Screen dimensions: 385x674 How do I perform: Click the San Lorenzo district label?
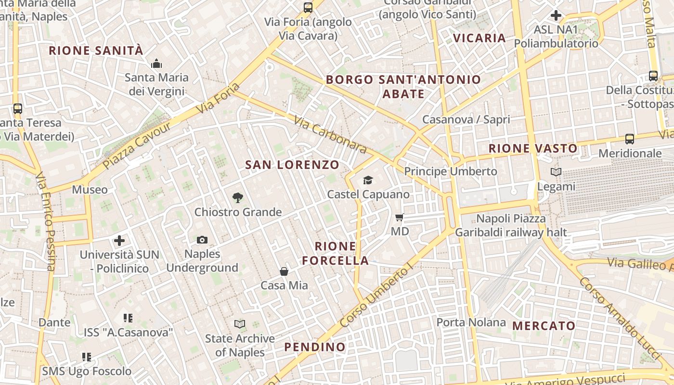pyautogui.click(x=292, y=165)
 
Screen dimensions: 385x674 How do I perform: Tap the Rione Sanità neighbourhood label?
pyautogui.click(x=96, y=51)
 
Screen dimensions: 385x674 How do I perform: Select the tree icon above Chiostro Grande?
pyautogui.click(x=237, y=197)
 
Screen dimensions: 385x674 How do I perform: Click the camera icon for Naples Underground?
pyautogui.click(x=202, y=240)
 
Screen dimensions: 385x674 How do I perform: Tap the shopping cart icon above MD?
pyautogui.click(x=399, y=217)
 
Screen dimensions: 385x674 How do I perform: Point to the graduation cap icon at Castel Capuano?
pyautogui.click(x=368, y=180)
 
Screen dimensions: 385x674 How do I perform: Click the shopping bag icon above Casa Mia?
pyautogui.click(x=284, y=271)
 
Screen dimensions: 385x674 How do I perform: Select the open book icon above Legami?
pyautogui.click(x=556, y=172)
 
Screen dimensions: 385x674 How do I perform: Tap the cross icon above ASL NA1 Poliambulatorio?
pyautogui.click(x=556, y=15)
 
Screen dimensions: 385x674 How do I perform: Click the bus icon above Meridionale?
pyautogui.click(x=629, y=139)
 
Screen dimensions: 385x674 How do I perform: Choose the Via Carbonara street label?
pyautogui.click(x=330, y=136)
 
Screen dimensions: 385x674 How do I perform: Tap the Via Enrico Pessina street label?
pyautogui.click(x=46, y=221)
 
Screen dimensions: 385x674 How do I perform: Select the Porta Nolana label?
pyautogui.click(x=471, y=322)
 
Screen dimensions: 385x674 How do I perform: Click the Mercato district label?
pyautogui.click(x=544, y=326)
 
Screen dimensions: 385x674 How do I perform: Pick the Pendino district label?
pyautogui.click(x=315, y=347)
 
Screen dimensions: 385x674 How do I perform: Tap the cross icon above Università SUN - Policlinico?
pyautogui.click(x=119, y=241)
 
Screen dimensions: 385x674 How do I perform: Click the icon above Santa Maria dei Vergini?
pyautogui.click(x=156, y=64)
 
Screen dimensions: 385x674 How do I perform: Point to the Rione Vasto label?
pyautogui.click(x=533, y=148)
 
